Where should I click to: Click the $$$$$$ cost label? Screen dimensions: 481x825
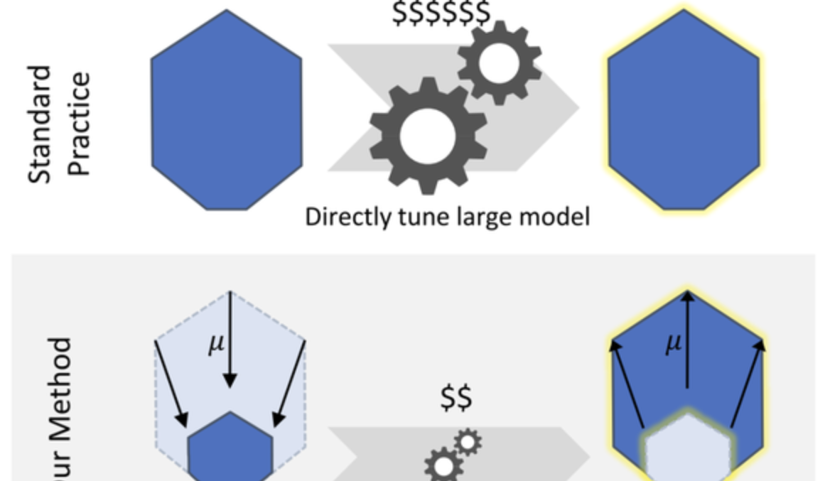point(441,13)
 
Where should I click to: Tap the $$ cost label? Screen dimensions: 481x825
point(456,398)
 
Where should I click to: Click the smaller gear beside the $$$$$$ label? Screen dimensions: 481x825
point(499,63)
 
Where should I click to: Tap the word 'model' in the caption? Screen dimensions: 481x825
point(555,216)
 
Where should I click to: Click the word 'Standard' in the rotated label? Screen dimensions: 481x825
point(41,125)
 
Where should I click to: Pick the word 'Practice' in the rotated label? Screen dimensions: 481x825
point(79,124)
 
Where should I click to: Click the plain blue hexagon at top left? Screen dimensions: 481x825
point(227,110)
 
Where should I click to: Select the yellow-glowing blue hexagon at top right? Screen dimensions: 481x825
point(684,110)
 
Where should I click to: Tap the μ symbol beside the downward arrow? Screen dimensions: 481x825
point(216,344)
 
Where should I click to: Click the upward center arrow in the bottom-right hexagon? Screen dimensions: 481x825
point(687,341)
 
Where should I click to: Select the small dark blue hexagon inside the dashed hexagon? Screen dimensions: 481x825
point(230,448)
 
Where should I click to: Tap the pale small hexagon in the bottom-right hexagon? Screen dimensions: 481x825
point(687,448)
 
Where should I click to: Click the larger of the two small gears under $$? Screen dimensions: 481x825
point(443,466)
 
